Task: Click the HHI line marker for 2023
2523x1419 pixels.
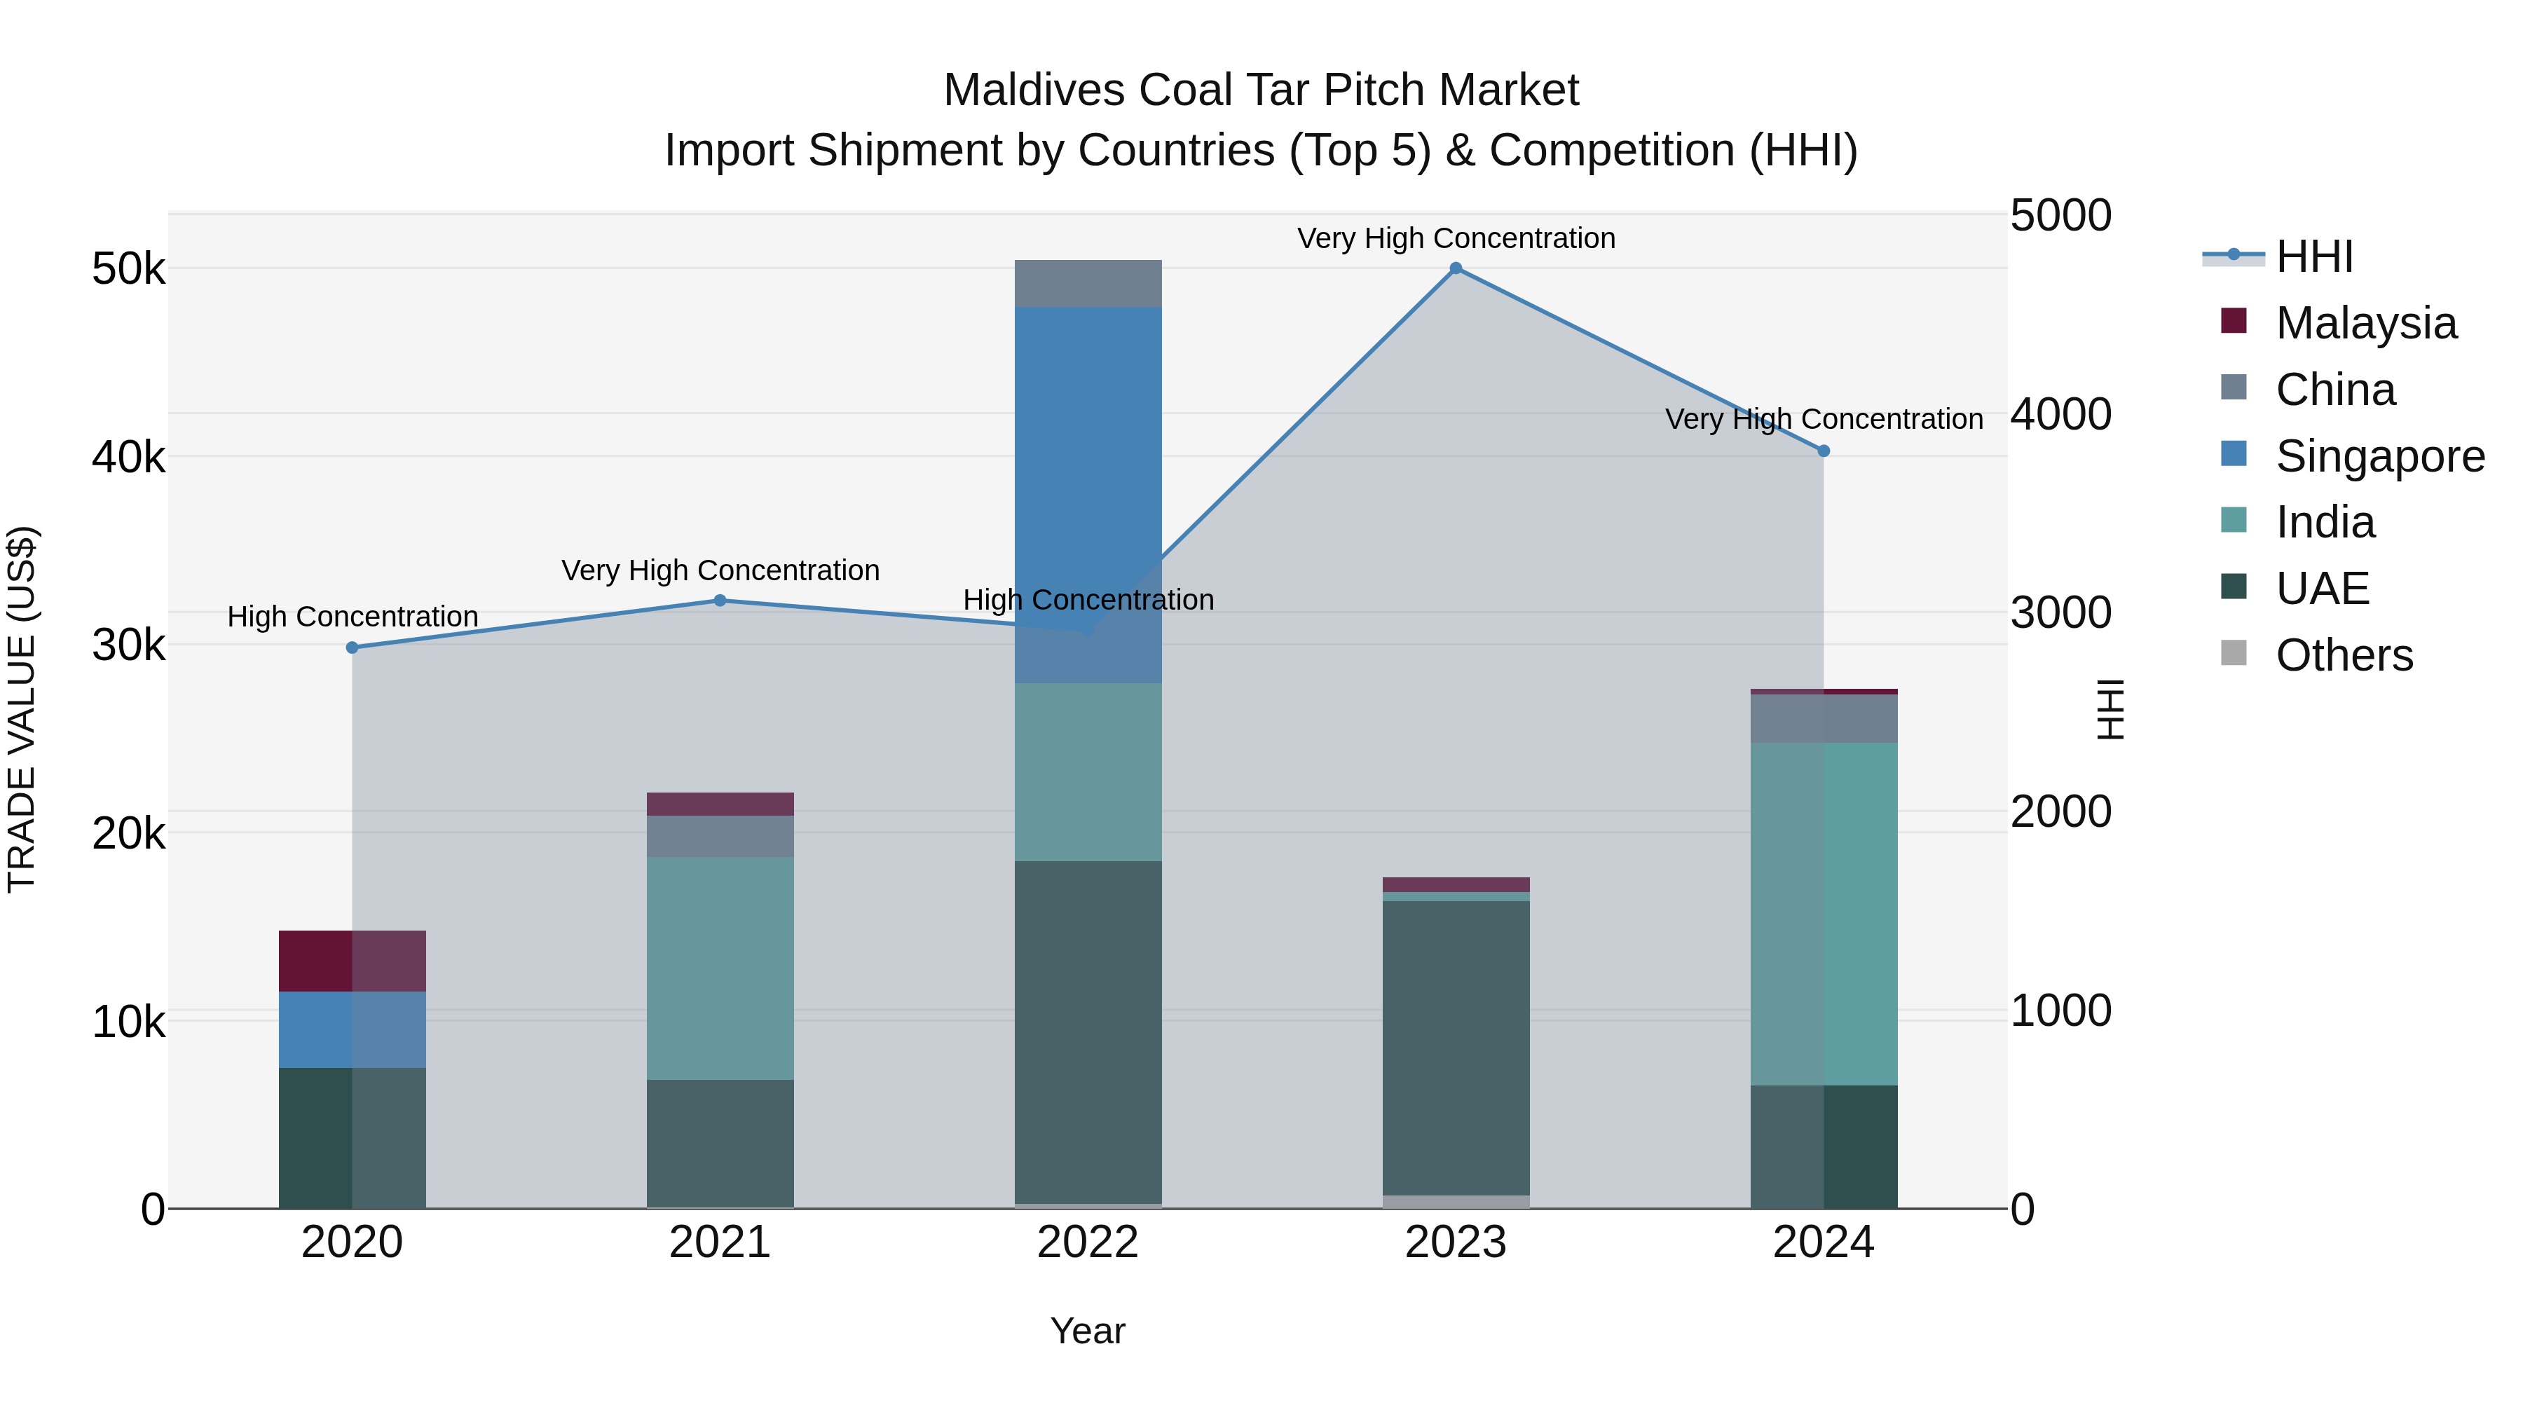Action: click(1456, 268)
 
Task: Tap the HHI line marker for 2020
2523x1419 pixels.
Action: click(353, 647)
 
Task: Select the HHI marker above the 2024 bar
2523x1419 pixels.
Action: click(1824, 451)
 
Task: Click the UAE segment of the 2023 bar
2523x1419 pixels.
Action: click(1456, 1047)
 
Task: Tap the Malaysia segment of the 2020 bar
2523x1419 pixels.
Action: click(353, 961)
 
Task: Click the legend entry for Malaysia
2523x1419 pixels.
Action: click(2365, 323)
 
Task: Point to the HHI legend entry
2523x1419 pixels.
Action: click(2313, 256)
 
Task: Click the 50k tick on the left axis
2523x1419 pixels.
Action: click(129, 269)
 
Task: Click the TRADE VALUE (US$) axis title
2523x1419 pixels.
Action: click(22, 709)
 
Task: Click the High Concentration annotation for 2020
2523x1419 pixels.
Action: click(353, 617)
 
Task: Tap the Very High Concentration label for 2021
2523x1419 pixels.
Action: click(720, 570)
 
